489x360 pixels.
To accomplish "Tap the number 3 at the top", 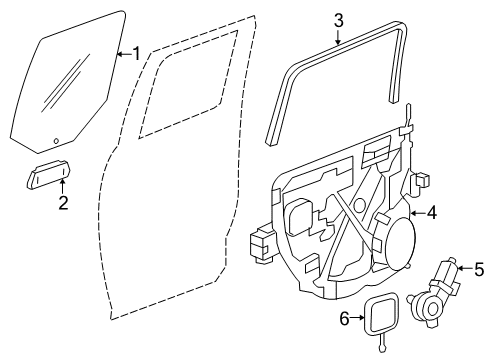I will [338, 19].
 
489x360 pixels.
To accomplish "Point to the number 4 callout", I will [431, 212].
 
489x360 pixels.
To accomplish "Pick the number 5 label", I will [479, 269].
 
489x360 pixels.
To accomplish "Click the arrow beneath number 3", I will [338, 38].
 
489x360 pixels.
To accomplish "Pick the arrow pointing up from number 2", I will [62, 187].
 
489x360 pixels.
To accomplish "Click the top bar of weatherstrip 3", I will [340, 50].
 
